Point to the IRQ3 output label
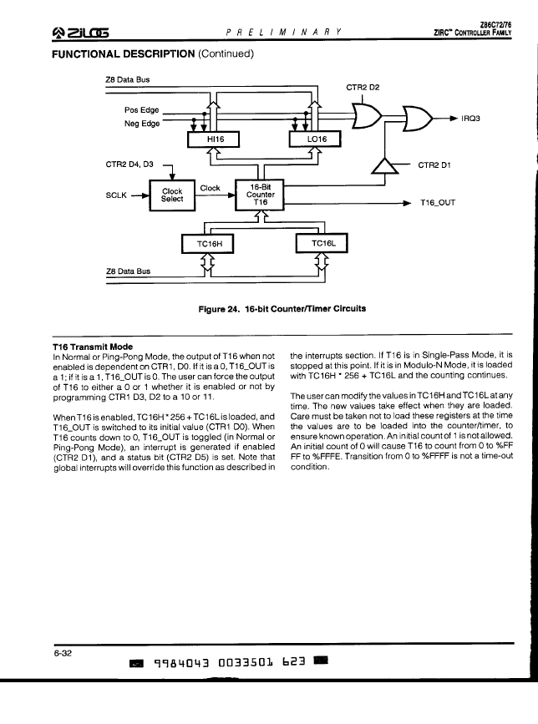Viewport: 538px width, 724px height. [x=470, y=119]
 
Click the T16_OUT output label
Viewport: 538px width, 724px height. [x=437, y=203]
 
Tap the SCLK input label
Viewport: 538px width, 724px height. [x=116, y=195]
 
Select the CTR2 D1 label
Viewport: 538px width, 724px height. [x=434, y=165]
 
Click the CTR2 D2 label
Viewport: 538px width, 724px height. [x=363, y=88]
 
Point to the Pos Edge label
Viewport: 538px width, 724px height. [x=141, y=110]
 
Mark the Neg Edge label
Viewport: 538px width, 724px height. [x=142, y=124]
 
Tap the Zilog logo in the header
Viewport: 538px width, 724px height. [x=81, y=33]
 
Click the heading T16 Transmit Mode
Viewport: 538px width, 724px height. [x=93, y=347]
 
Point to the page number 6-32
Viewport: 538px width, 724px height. [x=63, y=653]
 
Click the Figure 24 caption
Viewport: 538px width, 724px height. [x=282, y=308]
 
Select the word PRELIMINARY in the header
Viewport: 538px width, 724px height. [x=284, y=33]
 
